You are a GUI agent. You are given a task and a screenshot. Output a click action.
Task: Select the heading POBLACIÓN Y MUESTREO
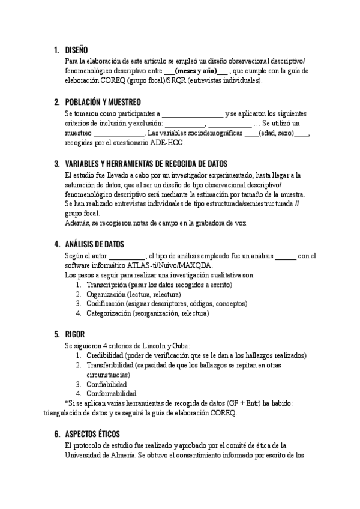tap(103, 102)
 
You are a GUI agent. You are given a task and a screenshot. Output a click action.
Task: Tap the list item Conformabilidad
tap(111, 393)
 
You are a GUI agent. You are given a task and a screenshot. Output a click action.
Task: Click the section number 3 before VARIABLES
tap(57, 164)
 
